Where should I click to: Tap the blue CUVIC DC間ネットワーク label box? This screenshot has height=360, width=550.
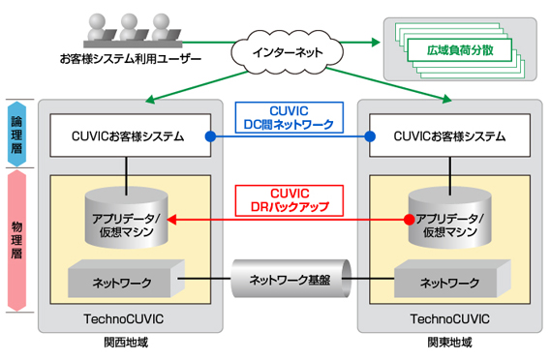point(287,118)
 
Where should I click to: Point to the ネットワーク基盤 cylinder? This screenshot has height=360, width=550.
point(288,282)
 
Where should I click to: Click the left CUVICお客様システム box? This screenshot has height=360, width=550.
point(128,136)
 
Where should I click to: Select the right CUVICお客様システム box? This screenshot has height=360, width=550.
point(448,136)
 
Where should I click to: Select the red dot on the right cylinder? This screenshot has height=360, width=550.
point(408,220)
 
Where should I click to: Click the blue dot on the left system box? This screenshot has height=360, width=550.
point(209,136)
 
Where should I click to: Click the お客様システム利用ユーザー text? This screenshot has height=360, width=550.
point(130,60)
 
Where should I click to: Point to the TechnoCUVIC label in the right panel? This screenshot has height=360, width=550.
point(449,317)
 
